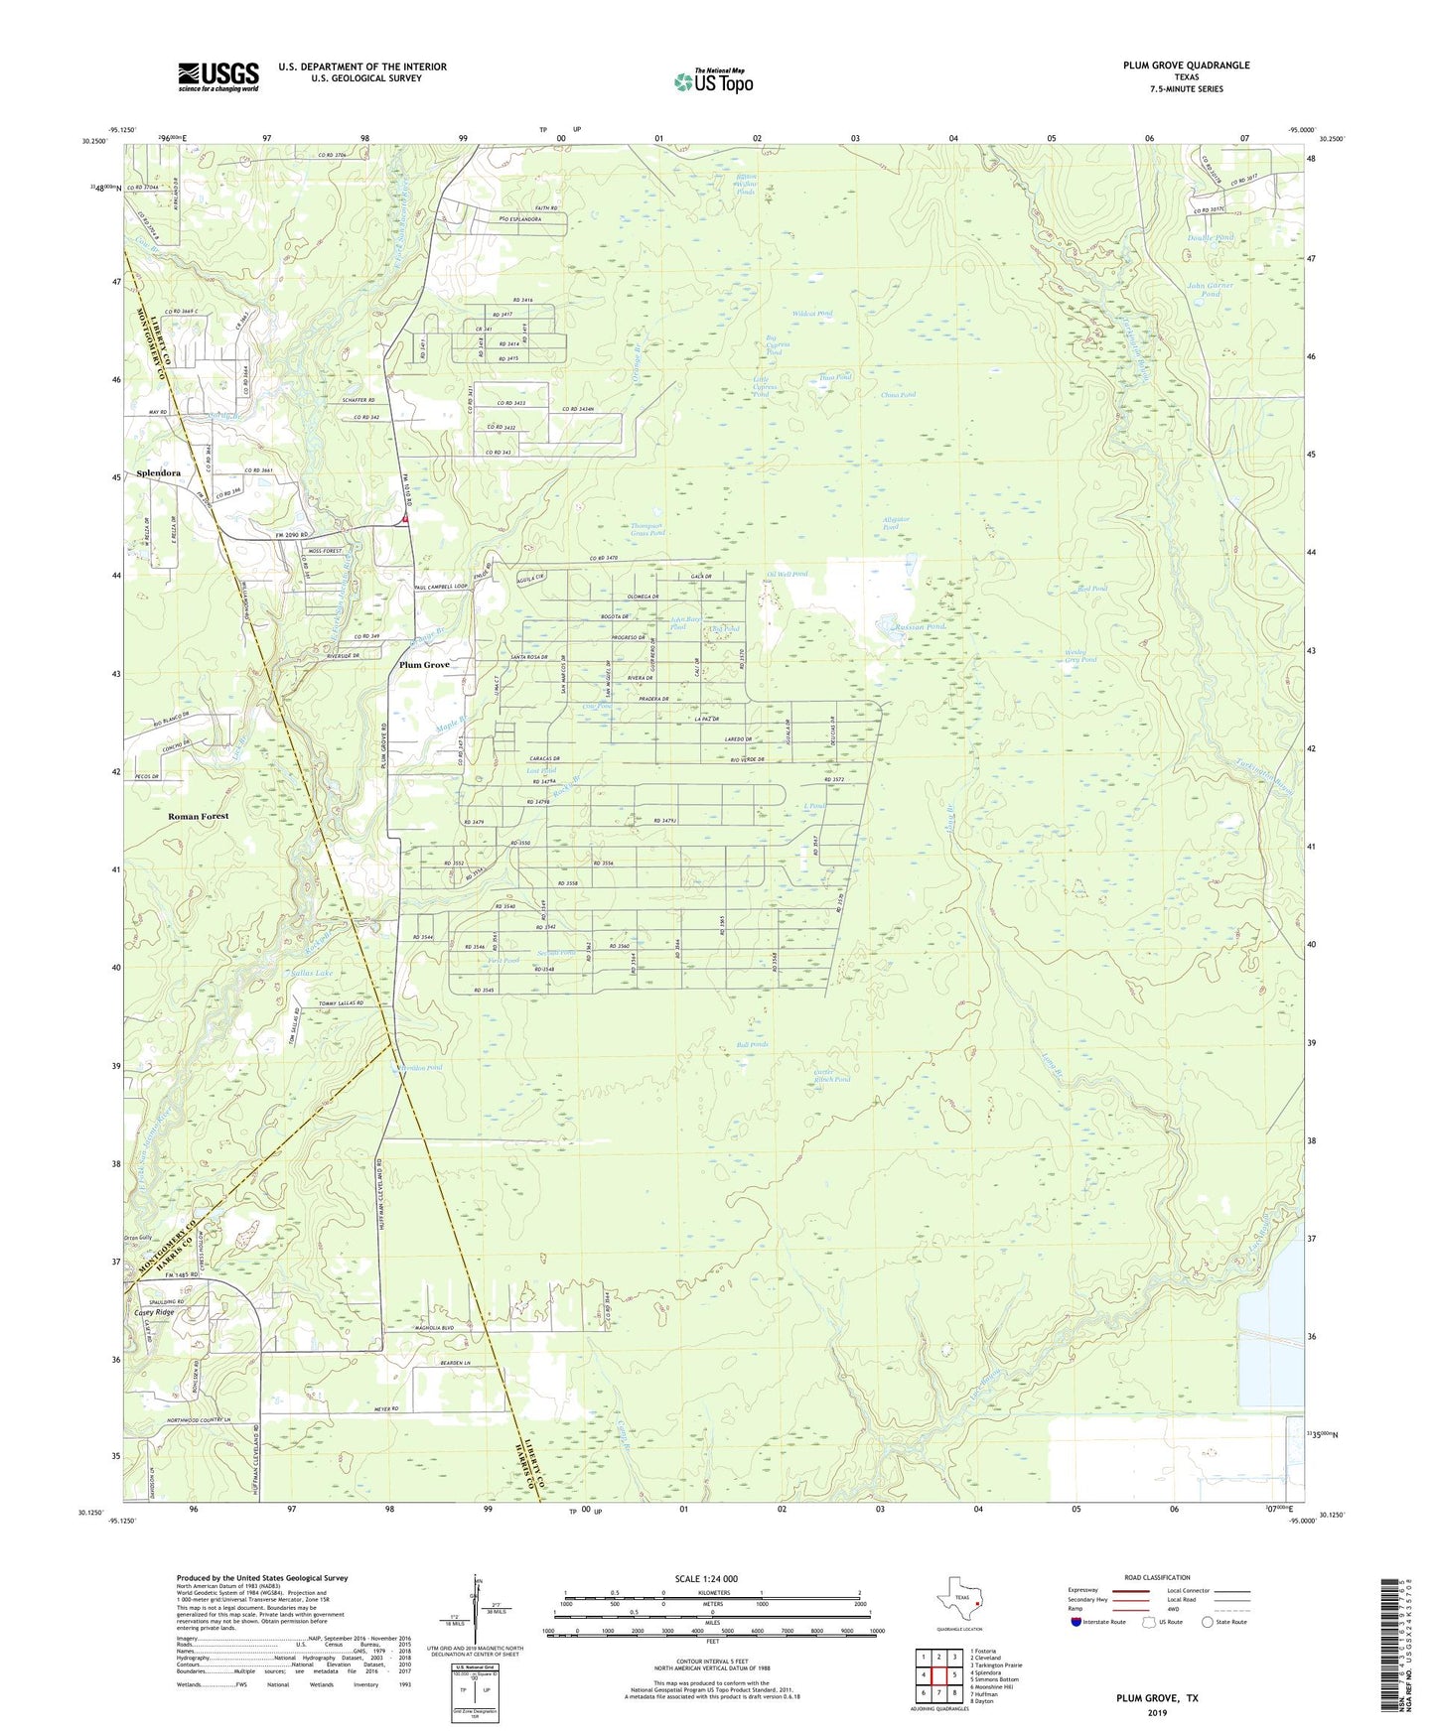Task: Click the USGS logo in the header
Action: coord(218,76)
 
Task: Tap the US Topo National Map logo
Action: coord(713,81)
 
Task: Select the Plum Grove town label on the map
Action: coord(424,665)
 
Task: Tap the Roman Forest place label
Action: coord(198,816)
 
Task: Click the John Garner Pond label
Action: coord(1210,290)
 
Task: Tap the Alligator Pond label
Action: coord(896,523)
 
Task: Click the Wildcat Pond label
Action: coord(811,314)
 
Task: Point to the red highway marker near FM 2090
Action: coord(405,517)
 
